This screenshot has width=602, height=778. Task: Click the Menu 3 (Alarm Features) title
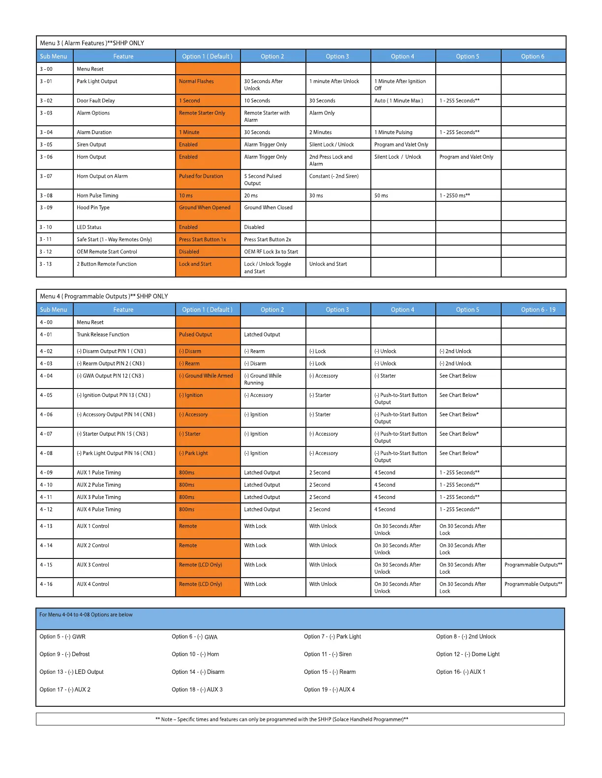[x=92, y=43]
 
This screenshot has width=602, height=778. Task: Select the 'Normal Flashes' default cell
[x=196, y=82]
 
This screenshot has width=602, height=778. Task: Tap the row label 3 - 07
[x=46, y=176]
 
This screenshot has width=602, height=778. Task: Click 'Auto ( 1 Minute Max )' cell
[x=398, y=101]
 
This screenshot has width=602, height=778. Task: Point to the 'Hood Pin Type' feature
[x=93, y=208]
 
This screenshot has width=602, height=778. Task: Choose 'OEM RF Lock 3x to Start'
[x=271, y=252]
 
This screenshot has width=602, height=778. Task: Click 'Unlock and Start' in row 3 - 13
[x=328, y=264]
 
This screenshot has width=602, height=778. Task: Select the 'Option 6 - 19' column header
[x=538, y=310]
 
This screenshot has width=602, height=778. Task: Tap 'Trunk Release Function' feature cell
[x=103, y=335]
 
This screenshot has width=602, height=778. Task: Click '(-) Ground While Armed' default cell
[x=206, y=376]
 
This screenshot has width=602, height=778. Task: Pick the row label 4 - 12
[x=46, y=510]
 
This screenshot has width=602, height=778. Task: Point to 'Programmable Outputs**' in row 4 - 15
[x=533, y=565]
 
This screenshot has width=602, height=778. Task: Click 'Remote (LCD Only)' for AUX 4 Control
[x=200, y=584]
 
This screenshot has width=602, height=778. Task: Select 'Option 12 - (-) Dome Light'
[x=468, y=654]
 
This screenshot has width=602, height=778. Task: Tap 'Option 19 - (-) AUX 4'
[x=329, y=690]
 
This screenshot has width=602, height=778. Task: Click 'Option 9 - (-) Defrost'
[x=64, y=654]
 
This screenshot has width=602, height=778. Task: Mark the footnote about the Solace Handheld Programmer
[x=282, y=720]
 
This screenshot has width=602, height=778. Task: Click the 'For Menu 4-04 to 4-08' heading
[x=86, y=615]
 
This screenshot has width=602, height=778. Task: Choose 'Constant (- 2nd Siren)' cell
[x=334, y=176]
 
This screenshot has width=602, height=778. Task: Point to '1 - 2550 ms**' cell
[x=454, y=196]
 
